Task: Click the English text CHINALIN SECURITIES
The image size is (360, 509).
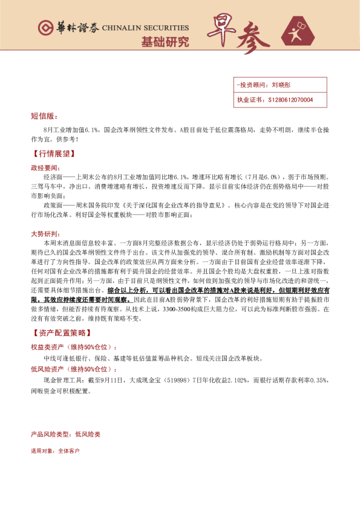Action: coord(145,28)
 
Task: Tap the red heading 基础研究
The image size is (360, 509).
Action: coord(165,42)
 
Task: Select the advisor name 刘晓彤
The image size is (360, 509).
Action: coord(282,86)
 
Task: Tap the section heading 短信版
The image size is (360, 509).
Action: coord(44,115)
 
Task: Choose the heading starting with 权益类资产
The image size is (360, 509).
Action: coord(73,347)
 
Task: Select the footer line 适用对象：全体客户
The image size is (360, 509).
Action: coord(55,451)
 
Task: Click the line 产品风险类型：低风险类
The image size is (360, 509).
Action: coord(65,434)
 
